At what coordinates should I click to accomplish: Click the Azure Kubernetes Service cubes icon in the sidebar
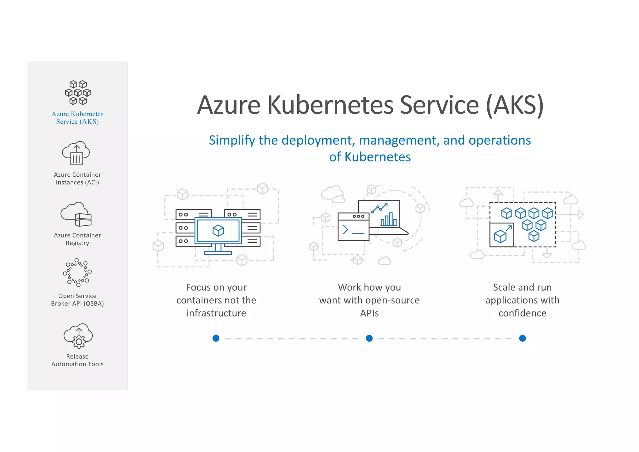pos(78,92)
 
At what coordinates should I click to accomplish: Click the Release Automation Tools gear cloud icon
pos(78,336)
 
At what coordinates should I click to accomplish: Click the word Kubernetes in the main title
pos(330,105)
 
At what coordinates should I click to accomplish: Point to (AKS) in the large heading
pos(515,105)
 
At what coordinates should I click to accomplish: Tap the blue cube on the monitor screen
pos(218,231)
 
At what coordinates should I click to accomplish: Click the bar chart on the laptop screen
pos(388,219)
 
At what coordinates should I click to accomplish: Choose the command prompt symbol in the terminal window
pos(346,230)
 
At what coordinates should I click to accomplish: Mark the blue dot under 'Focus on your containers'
pos(216,338)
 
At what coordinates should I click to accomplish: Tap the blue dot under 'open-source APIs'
pos(369,338)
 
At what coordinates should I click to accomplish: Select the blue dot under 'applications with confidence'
pos(523,338)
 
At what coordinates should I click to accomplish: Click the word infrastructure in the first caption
pos(216,313)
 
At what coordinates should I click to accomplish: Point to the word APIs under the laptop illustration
pos(369,313)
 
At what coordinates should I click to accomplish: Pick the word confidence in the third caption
pos(522,313)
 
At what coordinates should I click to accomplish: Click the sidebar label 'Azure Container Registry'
pos(77,239)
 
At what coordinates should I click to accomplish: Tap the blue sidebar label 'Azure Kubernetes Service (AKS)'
pos(77,118)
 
